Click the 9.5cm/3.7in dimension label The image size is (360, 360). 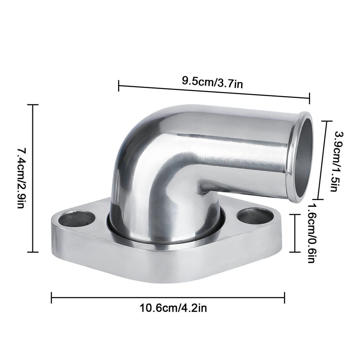pyautogui.click(x=212, y=82)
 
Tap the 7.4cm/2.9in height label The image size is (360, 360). pyautogui.click(x=21, y=178)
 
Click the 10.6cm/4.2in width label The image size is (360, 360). pyautogui.click(x=173, y=308)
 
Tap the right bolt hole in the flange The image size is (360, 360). pyautogui.click(x=255, y=216)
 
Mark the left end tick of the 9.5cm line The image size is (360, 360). pyautogui.click(x=119, y=86)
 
